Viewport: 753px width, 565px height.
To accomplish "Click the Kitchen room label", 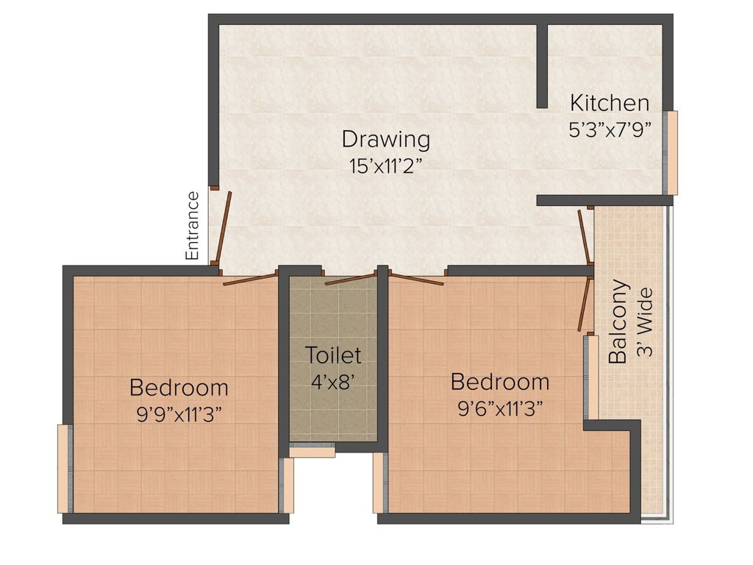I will tap(610, 102).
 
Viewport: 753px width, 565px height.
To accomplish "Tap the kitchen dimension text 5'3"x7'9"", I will tap(610, 130).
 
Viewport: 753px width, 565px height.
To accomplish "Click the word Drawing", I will tap(385, 138).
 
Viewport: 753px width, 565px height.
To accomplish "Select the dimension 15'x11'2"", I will tap(385, 166).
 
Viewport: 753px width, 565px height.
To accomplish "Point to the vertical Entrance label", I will tap(193, 225).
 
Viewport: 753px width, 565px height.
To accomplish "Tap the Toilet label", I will tap(333, 355).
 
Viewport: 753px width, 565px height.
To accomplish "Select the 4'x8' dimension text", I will tap(333, 383).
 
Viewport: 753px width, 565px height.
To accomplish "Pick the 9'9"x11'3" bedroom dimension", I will tap(179, 414).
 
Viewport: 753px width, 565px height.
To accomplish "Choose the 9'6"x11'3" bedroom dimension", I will tap(500, 409).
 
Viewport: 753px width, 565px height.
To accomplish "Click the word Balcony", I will tap(619, 322).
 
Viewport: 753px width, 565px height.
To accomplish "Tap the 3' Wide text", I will tap(645, 322).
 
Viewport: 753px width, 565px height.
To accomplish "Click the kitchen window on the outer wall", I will tap(671, 152).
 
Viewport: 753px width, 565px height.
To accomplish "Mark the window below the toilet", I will tap(312, 450).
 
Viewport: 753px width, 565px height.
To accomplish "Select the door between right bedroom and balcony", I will tap(585, 304).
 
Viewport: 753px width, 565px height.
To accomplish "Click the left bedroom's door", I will tap(250, 279).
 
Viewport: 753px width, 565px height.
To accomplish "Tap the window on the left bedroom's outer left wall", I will tap(64, 468).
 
